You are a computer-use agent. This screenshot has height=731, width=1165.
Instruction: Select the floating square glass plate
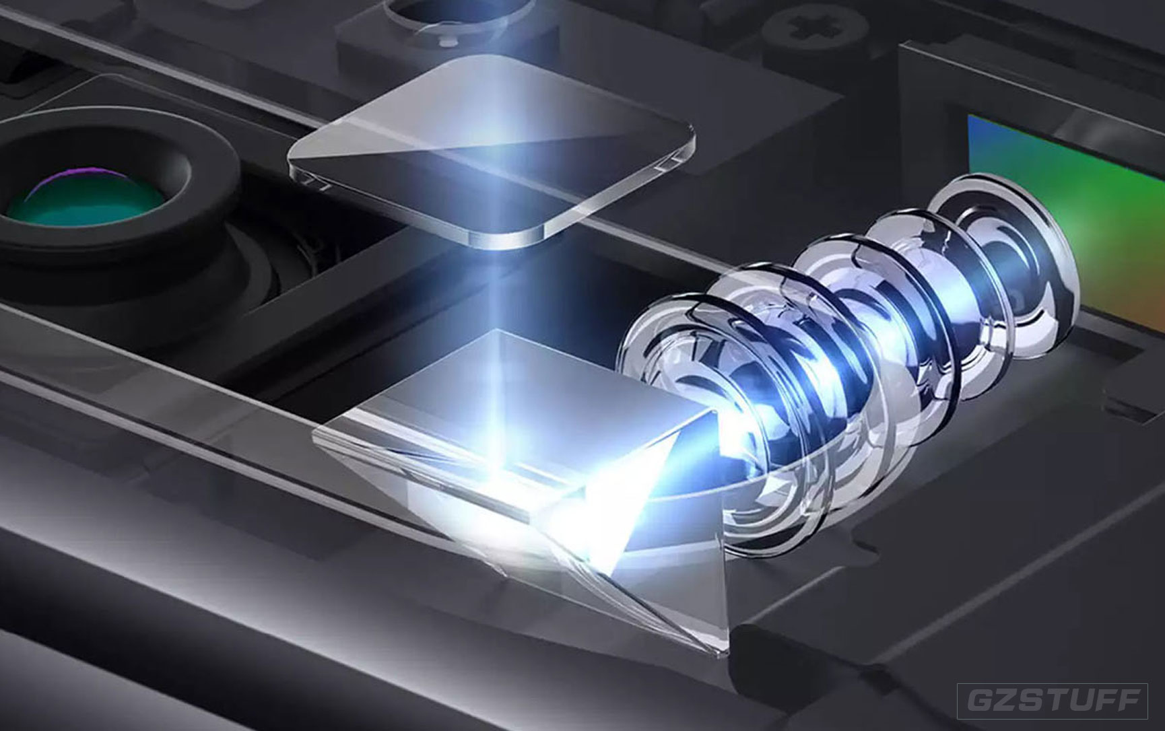click(491, 155)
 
